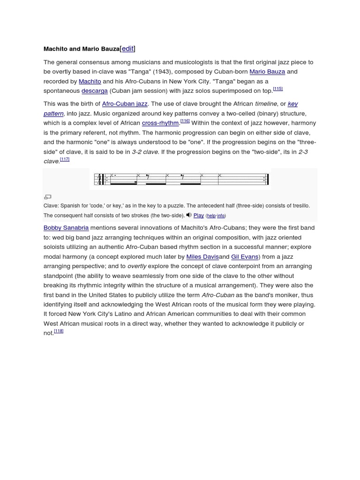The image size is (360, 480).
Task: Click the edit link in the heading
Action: (x=127, y=49)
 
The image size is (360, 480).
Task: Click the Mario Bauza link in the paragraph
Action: (x=268, y=72)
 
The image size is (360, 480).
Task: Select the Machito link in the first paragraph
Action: (x=90, y=82)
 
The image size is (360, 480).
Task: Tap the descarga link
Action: (x=94, y=91)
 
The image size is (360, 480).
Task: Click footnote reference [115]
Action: (x=278, y=89)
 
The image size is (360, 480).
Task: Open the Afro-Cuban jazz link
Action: (x=125, y=104)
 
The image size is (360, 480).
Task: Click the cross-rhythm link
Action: (x=160, y=123)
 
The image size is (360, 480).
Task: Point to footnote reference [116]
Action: (x=185, y=121)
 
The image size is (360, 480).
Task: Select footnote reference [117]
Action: (x=65, y=159)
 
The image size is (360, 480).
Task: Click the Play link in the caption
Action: (x=199, y=216)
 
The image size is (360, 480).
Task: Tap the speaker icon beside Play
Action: (x=189, y=215)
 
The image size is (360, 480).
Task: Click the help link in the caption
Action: (x=211, y=216)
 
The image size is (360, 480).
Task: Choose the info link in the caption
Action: (x=221, y=216)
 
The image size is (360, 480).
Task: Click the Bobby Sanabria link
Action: (x=66, y=228)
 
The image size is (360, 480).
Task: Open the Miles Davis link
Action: (x=202, y=257)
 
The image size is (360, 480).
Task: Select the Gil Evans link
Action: (x=245, y=257)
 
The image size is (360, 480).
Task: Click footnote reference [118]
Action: (x=59, y=331)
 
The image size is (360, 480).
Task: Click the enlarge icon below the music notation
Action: (x=47, y=197)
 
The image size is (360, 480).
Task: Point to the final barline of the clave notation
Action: (x=268, y=179)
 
